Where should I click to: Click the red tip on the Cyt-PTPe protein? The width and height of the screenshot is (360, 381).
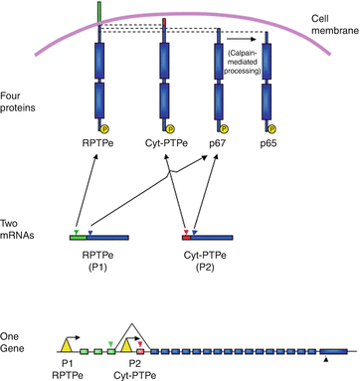click(165, 22)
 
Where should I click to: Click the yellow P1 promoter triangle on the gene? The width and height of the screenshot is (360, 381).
click(66, 343)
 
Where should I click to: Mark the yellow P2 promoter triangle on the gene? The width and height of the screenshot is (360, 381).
click(126, 343)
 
